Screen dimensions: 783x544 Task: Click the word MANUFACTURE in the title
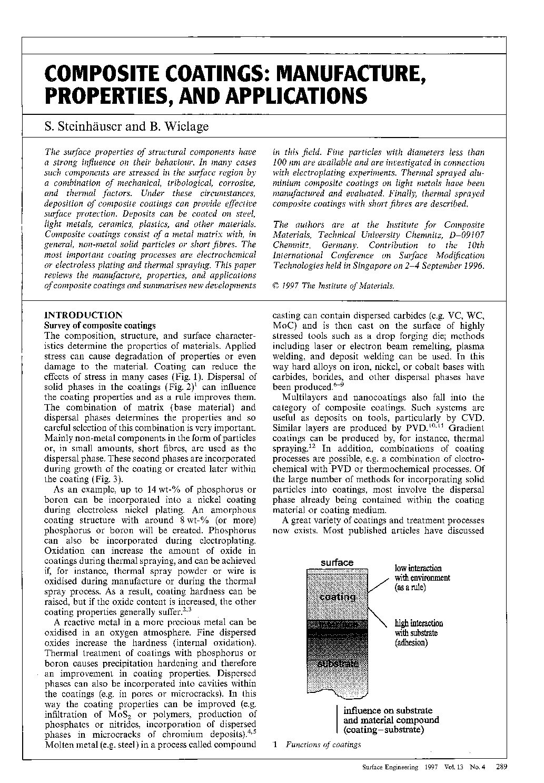click(350, 74)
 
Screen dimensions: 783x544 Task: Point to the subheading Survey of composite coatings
click(100, 326)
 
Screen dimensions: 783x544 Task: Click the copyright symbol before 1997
click(276, 286)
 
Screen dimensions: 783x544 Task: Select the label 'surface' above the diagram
click(337, 563)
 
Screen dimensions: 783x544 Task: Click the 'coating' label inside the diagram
click(337, 597)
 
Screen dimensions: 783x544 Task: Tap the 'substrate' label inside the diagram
click(338, 663)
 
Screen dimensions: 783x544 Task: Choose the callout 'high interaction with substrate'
click(419, 633)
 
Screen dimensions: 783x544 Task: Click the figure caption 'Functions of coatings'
click(323, 745)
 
